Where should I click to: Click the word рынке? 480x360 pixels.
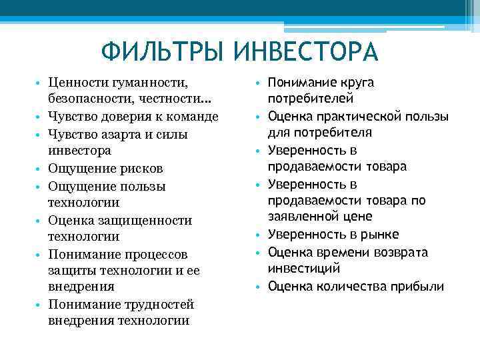[x=379, y=234]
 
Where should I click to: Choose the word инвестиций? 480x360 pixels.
[x=304, y=268]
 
